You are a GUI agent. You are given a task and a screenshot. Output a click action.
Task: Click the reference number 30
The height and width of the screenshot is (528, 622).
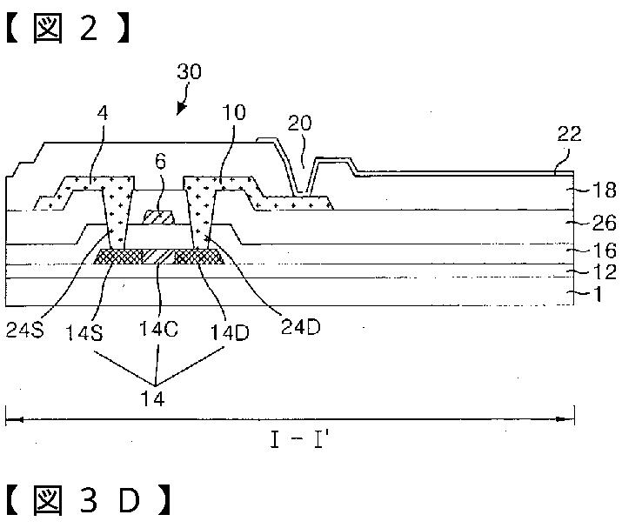point(189,72)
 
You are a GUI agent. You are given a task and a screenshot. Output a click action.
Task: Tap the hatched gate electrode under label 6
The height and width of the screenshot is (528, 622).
point(158,214)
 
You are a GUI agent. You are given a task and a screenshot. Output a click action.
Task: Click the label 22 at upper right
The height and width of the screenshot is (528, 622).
point(570,134)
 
